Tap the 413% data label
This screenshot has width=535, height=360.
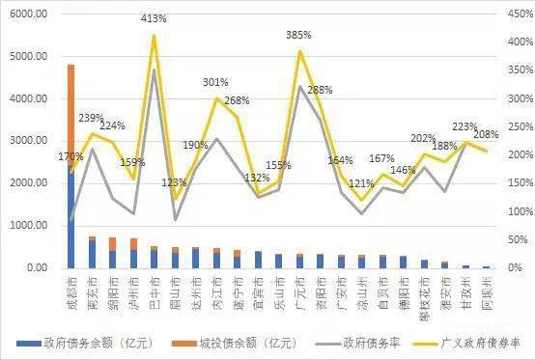(x=155, y=18)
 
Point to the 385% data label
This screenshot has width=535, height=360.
(x=299, y=35)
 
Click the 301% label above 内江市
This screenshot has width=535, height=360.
(x=216, y=82)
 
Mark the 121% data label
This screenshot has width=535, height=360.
(x=361, y=183)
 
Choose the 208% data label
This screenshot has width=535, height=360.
(x=487, y=134)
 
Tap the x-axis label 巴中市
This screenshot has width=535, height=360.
(x=154, y=288)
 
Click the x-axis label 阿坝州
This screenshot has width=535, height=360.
(x=486, y=288)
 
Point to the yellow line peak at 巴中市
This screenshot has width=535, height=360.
(x=154, y=36)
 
